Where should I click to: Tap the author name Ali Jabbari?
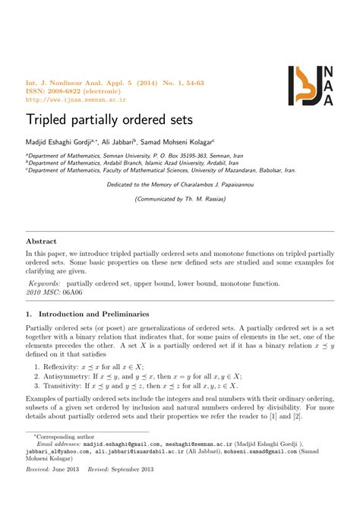coord(134,141)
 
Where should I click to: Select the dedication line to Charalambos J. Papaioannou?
coord(179,184)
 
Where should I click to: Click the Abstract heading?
coord(43,241)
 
